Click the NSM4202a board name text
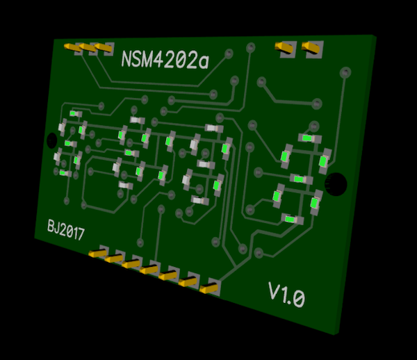click(165, 60)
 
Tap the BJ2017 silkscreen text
click(66, 230)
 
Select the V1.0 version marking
click(286, 295)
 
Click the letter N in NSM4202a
click(126, 58)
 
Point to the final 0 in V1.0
click(298, 298)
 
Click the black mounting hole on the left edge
click(52, 140)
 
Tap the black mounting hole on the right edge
click(336, 184)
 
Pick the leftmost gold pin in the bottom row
click(97, 254)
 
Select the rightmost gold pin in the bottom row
click(208, 288)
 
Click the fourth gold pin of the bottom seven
click(149, 270)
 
